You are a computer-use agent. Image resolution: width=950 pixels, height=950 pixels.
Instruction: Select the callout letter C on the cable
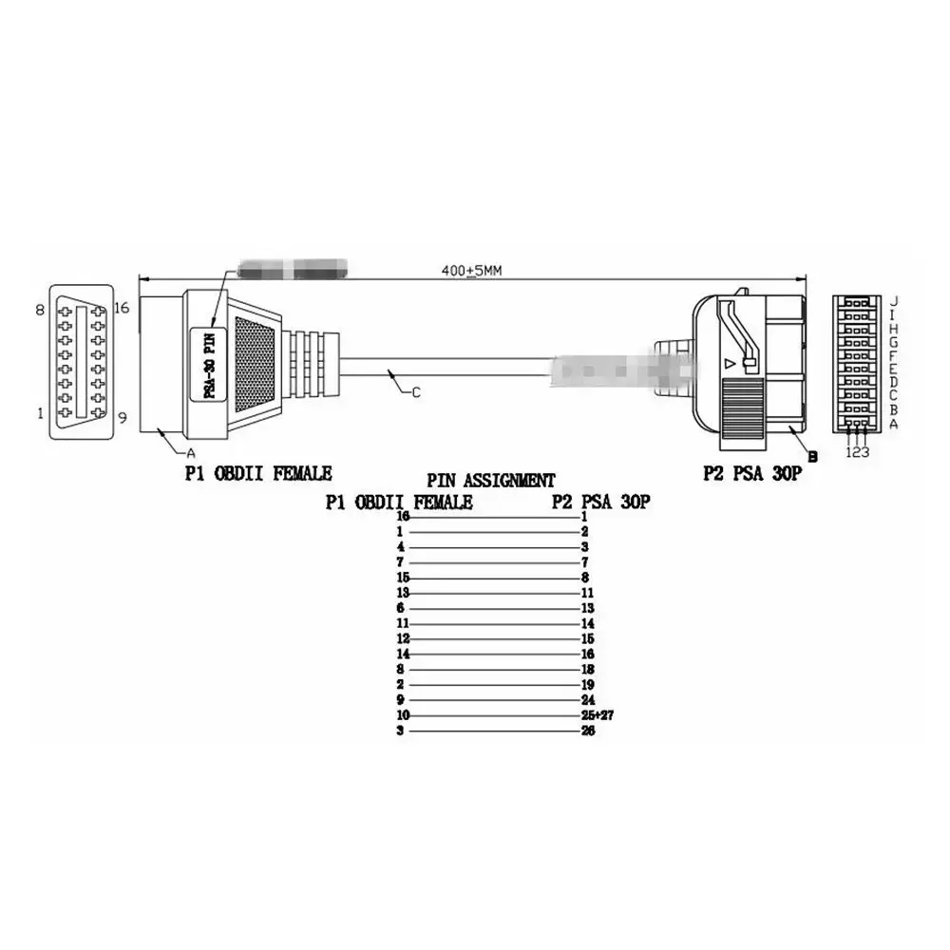pos(415,394)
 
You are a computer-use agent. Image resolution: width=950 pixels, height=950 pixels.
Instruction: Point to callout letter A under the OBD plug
pos(191,453)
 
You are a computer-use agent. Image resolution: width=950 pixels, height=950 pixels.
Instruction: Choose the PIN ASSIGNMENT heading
pos(490,481)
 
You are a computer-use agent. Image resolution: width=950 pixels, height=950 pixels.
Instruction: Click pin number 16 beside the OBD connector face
pos(121,307)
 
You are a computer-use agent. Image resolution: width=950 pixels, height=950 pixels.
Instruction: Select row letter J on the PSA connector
pos(892,300)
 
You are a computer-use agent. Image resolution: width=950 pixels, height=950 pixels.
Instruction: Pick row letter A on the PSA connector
pos(892,424)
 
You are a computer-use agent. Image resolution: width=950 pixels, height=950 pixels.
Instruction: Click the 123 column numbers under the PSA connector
pos(858,452)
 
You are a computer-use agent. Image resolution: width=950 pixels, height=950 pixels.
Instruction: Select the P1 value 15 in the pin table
pos(402,577)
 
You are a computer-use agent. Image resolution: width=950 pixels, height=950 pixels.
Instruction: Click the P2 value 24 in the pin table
pos(587,699)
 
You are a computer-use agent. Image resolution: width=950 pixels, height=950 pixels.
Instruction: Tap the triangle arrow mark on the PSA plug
pos(729,363)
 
